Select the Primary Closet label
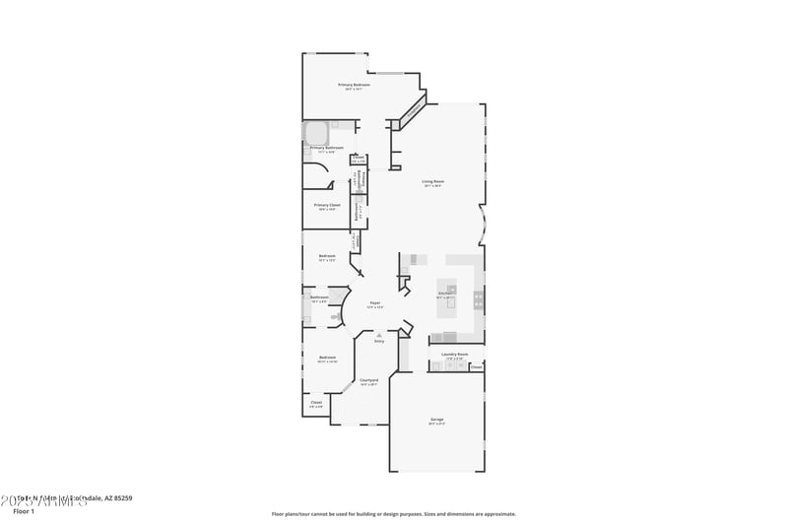coord(326,205)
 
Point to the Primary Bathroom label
coord(326,148)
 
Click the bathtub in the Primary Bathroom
coord(315,132)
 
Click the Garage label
coord(436,420)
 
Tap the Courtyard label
coord(369,380)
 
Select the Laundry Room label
coord(455,354)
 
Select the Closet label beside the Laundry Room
coord(476,367)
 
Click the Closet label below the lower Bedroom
coord(316,402)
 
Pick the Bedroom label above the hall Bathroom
coord(327,257)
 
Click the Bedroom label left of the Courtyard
coord(327,358)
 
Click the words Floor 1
coord(24,512)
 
